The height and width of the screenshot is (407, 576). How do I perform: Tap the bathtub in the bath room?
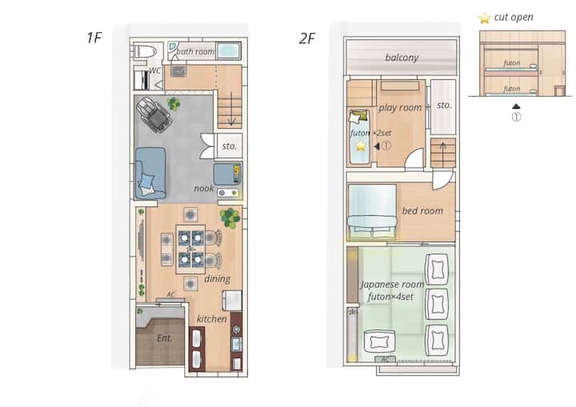(229, 50)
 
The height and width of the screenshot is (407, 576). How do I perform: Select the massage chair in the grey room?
(154, 114)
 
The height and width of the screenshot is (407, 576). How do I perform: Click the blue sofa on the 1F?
(150, 173)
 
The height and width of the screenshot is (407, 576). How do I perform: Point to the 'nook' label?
(203, 189)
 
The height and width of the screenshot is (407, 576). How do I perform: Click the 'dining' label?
(217, 279)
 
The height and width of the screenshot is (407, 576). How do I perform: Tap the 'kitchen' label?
(211, 319)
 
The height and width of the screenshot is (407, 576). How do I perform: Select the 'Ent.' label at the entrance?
(164, 338)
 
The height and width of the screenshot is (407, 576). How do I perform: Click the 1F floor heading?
(94, 38)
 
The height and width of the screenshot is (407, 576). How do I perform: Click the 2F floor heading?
(307, 38)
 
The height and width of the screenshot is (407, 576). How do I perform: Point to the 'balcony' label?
(402, 58)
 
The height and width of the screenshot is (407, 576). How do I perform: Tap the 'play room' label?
(400, 108)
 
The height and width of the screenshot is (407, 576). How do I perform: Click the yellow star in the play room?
(361, 146)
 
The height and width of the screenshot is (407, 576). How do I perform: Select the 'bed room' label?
(422, 211)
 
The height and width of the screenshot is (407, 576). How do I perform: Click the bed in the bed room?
(372, 211)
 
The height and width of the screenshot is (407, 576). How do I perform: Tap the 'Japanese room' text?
(392, 285)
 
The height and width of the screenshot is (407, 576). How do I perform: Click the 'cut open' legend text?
(514, 18)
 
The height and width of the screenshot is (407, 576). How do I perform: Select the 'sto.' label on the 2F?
(444, 106)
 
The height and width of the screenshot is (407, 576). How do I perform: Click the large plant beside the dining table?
(230, 217)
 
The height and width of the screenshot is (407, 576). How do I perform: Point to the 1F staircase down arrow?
(231, 109)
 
